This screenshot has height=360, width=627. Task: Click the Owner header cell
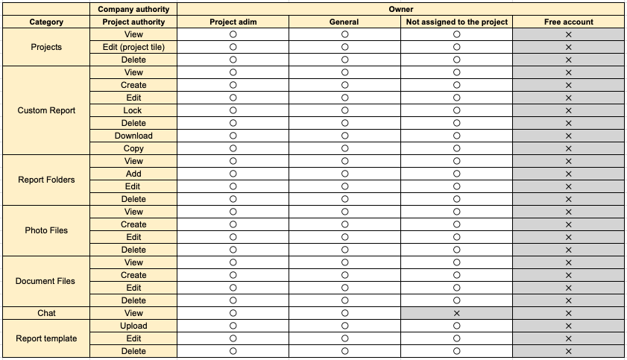[x=401, y=10]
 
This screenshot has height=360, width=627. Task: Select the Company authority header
[x=133, y=10]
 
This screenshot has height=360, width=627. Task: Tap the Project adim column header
[x=233, y=22]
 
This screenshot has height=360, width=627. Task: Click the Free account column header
[x=568, y=22]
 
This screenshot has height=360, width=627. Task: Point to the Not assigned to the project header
[x=456, y=22]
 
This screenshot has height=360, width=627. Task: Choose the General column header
[x=344, y=22]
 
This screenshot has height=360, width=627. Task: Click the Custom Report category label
[x=46, y=110]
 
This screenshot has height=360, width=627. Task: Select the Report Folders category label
[x=46, y=180]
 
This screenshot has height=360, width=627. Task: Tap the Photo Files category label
[x=46, y=230]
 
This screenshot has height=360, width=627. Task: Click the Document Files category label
[x=46, y=281]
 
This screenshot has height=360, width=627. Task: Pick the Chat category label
[x=46, y=313]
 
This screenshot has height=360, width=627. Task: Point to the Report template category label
[x=46, y=338]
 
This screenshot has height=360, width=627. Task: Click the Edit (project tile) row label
[x=133, y=47]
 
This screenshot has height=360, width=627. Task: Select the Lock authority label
[x=133, y=110]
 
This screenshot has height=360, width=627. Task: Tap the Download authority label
[x=133, y=136]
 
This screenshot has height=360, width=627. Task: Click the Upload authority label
[x=133, y=326]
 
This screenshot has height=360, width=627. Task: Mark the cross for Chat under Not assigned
[x=456, y=313]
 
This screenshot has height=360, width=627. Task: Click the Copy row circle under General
[x=344, y=148]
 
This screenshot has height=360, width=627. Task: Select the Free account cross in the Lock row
[x=568, y=110]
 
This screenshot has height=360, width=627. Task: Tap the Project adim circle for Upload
[x=233, y=326]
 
